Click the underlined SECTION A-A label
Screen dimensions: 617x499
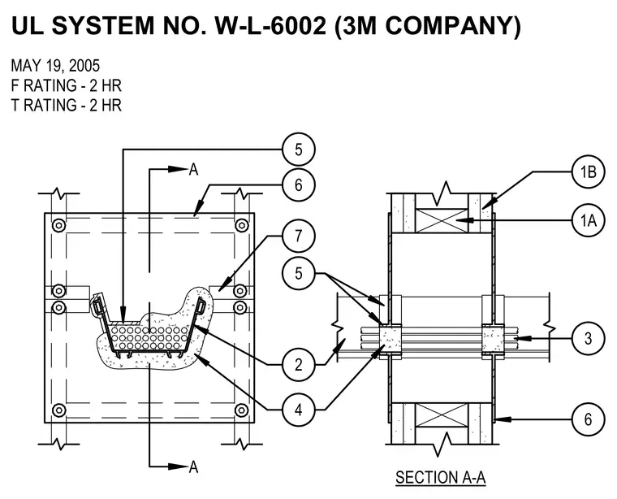click(x=440, y=478)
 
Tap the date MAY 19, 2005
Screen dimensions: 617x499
click(x=55, y=66)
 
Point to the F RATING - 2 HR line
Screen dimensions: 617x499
click(x=66, y=85)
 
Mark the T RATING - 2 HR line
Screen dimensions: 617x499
click(x=66, y=105)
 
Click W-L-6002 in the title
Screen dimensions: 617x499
click(x=270, y=25)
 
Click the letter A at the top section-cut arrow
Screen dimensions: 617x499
click(x=193, y=170)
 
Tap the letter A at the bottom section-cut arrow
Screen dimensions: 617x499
click(x=193, y=467)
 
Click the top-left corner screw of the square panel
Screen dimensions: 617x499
click(x=58, y=226)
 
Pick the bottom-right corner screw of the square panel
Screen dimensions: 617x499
click(x=241, y=410)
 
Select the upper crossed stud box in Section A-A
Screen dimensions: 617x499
click(x=442, y=220)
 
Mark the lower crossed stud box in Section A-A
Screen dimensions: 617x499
click(x=442, y=415)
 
